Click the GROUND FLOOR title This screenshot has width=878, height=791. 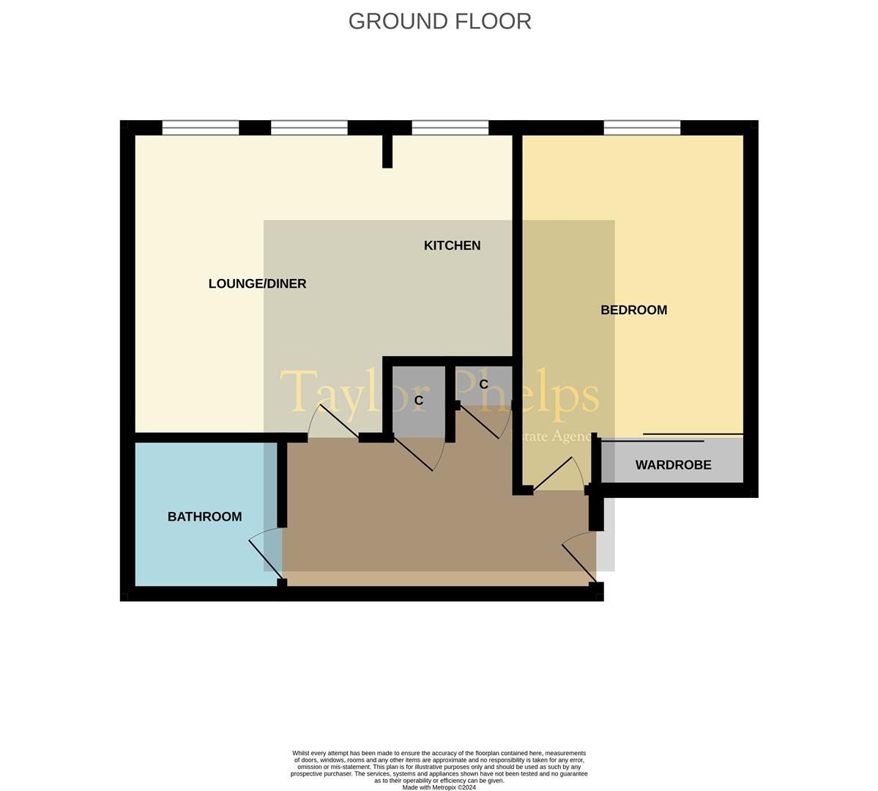[439, 21]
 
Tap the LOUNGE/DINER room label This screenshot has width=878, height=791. [257, 283]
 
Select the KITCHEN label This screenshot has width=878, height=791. [452, 245]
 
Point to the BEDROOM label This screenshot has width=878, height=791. [633, 310]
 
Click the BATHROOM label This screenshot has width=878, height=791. [204, 516]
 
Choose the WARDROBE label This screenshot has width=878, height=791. [673, 465]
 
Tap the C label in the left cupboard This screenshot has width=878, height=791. [419, 401]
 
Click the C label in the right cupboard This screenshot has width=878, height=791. [483, 385]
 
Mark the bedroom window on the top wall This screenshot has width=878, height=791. [642, 128]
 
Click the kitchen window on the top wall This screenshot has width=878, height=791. [450, 128]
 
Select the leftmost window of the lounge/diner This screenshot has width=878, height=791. [200, 128]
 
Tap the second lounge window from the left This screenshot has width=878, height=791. [309, 128]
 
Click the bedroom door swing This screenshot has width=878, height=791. [560, 473]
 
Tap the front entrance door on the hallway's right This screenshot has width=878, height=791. [581, 558]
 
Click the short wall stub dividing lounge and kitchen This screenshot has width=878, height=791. [387, 150]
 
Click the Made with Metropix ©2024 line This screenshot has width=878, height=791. [439, 787]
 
